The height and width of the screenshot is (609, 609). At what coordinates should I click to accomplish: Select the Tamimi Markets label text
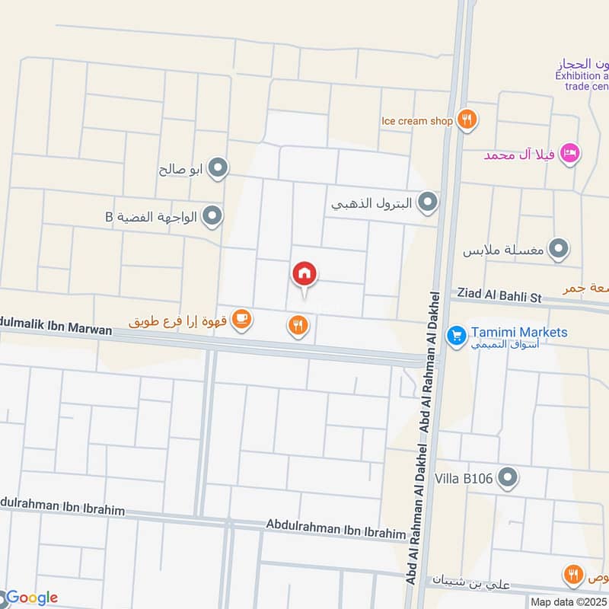tap(518, 333)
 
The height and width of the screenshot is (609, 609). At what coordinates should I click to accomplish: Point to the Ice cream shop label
tap(417, 120)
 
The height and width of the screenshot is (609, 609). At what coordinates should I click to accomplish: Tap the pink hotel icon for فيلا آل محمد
tap(569, 155)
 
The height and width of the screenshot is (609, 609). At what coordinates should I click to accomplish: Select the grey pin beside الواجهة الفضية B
tap(212, 217)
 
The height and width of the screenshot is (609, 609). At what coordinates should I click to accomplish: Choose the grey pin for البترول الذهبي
tap(429, 202)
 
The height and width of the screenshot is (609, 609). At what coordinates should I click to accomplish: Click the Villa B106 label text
tap(467, 479)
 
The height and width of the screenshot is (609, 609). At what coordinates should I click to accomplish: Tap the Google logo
tap(30, 598)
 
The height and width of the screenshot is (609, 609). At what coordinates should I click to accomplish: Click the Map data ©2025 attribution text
tap(569, 602)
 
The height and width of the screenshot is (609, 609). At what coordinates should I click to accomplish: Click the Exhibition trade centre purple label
tap(583, 76)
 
